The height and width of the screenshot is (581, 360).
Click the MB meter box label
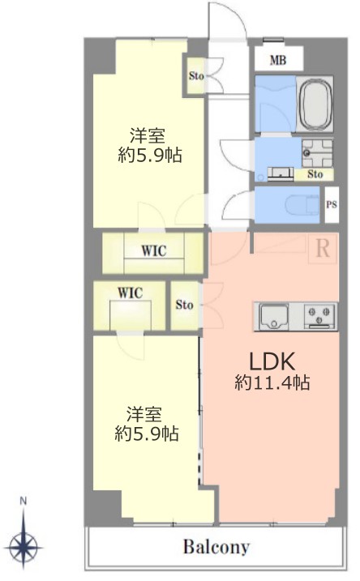(x=278, y=60)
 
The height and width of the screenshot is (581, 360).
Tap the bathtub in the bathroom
(x=316, y=104)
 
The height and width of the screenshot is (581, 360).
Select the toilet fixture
(x=302, y=204)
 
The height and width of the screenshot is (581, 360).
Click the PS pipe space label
(x=332, y=204)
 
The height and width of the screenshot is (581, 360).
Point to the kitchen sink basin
(x=274, y=316)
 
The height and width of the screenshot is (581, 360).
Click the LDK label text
(x=272, y=361)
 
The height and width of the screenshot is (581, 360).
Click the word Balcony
(x=216, y=547)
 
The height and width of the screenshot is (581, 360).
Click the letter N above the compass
(x=24, y=502)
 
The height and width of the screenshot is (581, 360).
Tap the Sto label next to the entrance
(x=196, y=75)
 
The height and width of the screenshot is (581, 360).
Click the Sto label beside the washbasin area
(x=315, y=173)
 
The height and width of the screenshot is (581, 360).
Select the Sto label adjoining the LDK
(x=184, y=305)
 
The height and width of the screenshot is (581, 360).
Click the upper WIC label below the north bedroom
(x=154, y=251)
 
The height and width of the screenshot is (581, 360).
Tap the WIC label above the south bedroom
(x=130, y=293)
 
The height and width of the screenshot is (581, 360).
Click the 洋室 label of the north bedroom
(x=148, y=136)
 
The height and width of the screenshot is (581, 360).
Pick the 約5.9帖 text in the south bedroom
(x=147, y=434)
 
